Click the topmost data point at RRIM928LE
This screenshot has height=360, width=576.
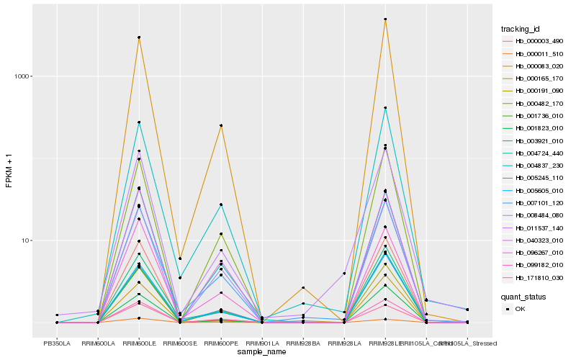pyautogui.click(x=385, y=19)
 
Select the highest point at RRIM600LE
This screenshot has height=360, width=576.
pyautogui.click(x=138, y=37)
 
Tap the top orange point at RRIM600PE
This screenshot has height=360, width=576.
pyautogui.click(x=220, y=125)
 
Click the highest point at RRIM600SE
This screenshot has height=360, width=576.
pyautogui.click(x=179, y=258)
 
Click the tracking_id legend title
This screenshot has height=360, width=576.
pyautogui.click(x=521, y=29)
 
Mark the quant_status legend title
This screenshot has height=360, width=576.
pyautogui.click(x=523, y=296)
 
